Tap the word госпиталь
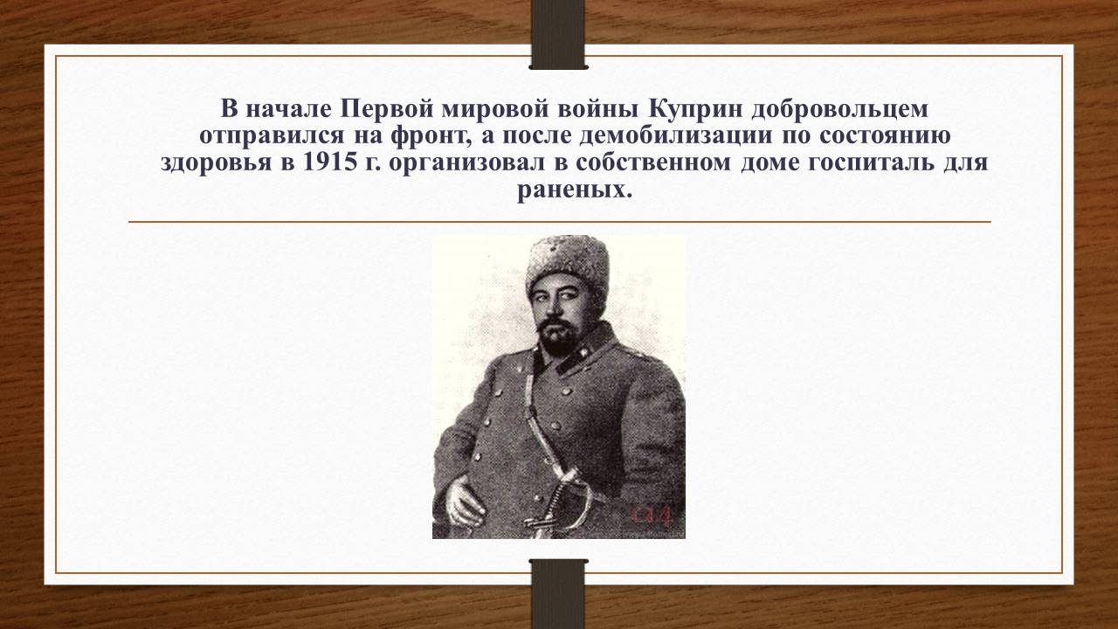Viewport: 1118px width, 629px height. point(871,163)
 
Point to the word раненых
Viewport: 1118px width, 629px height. point(575,190)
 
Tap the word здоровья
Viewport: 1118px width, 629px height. point(216,163)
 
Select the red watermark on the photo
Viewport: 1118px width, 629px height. point(652,516)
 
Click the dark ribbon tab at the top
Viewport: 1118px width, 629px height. point(558,34)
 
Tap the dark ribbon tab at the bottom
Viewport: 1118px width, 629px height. point(558,594)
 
